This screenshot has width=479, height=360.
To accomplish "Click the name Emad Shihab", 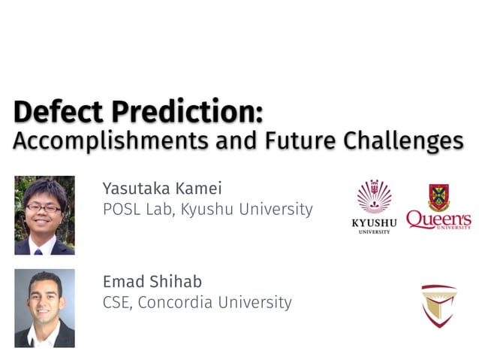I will pos(152,281).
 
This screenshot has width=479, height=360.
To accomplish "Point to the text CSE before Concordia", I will pos(116,303).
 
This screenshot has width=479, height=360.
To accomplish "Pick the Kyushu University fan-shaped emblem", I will pos(373,198).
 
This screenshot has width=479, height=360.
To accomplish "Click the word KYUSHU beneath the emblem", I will pos(373,223).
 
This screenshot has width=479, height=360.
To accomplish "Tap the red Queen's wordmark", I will pos(438,219).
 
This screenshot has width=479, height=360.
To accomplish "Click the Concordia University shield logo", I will pos(438,304).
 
